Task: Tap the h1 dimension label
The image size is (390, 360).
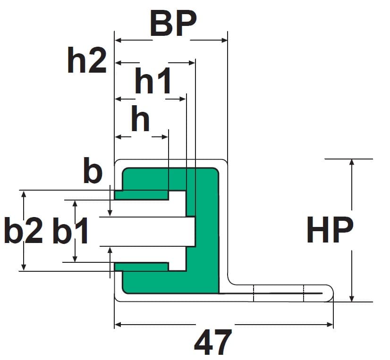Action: pos(153,82)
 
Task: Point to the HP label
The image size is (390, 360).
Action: pos(330,231)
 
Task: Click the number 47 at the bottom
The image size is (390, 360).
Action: pos(213,342)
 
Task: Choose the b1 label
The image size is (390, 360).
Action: pos(71,231)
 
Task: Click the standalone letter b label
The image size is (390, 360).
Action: pos(93,172)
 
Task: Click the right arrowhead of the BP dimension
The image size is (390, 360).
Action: pos(224,41)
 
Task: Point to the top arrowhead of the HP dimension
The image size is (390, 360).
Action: pos(351,163)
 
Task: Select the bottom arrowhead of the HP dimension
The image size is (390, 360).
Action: pos(351,298)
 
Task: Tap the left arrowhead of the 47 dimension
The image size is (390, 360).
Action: pos(119,325)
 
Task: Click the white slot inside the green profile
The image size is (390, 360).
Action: pos(146,231)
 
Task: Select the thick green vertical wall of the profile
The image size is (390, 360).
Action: pos(207,231)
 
